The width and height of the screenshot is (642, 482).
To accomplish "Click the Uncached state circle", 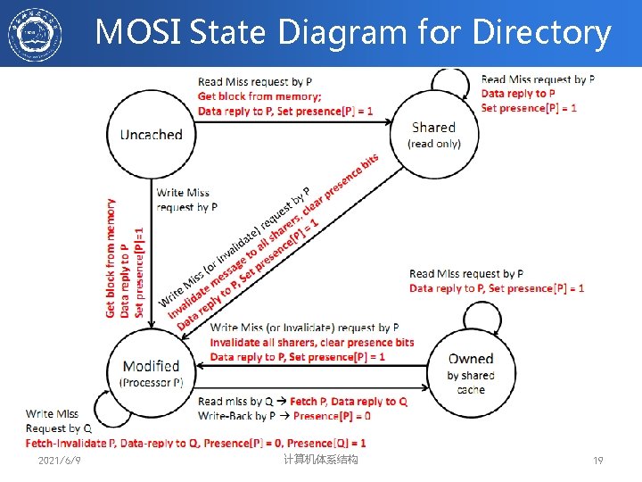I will [151, 135].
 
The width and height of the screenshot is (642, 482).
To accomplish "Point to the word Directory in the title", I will [541, 33].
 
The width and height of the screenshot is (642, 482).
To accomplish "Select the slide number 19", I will [598, 461].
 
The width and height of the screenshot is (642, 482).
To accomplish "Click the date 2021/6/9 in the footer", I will [60, 461].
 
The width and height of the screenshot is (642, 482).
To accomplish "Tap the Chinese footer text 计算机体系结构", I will [320, 460].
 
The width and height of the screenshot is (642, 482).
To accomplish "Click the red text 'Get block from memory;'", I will [259, 96].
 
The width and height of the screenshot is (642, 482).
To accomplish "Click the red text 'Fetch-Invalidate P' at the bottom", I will [70, 443].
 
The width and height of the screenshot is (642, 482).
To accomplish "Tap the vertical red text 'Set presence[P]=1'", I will [138, 271].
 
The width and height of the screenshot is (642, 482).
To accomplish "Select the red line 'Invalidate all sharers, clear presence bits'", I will [312, 343].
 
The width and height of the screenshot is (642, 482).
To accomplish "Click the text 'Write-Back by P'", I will [236, 416].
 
